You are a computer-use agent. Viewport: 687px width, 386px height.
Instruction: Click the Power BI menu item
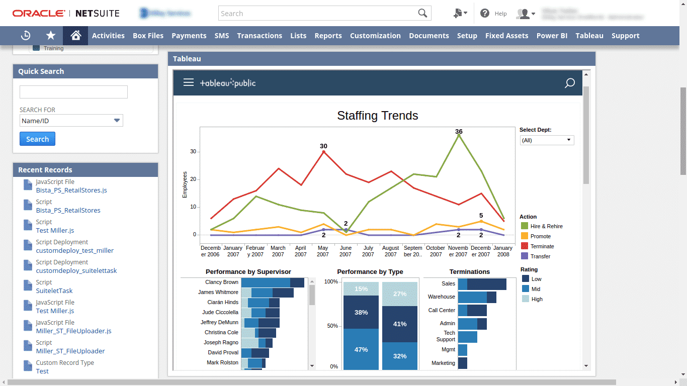coord(552,36)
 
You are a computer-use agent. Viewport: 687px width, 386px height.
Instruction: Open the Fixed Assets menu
coord(506,36)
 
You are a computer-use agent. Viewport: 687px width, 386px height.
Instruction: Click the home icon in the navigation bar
coord(75,36)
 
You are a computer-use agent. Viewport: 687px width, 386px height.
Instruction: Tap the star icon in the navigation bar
coord(51,36)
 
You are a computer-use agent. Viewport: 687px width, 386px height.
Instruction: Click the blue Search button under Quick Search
coord(37,139)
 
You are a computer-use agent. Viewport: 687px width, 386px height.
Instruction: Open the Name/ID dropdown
coord(71,121)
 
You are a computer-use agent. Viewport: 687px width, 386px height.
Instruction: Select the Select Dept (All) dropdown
coord(547,140)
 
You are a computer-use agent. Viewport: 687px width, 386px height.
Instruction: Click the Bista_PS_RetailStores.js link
coord(71,190)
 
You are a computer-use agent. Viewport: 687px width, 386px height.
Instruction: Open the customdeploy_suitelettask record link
coord(76,271)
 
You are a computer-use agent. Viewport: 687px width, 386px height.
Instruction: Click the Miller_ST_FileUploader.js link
coord(74,331)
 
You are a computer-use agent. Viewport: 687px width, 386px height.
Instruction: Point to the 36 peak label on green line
coord(459,132)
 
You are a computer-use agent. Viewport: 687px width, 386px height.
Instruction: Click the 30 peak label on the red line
coord(323,146)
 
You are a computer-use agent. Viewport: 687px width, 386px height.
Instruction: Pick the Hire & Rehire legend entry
coord(546,226)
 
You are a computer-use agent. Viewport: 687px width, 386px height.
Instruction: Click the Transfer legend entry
coord(540,256)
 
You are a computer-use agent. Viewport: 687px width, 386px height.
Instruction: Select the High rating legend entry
coord(537,299)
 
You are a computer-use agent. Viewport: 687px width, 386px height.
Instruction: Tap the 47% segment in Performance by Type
coord(361,349)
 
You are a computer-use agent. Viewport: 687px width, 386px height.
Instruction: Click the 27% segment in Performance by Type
coord(400,294)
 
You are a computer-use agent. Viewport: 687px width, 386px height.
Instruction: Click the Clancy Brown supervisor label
coord(221,282)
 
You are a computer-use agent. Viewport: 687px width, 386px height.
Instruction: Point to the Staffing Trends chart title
coord(378,116)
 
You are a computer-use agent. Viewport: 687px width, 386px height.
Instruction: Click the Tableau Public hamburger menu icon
coord(189,82)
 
